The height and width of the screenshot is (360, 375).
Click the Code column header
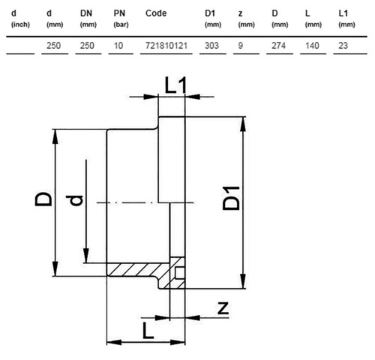click(156, 13)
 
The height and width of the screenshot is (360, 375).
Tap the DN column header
click(88, 18)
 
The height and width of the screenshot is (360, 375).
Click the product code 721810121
click(166, 46)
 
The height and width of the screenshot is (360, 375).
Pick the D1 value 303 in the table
click(211, 46)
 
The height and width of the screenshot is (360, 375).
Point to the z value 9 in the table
click(240, 46)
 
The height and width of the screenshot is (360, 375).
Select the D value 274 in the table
click(278, 46)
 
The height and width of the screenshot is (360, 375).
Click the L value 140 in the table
click(312, 46)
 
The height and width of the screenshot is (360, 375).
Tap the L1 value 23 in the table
click(343, 46)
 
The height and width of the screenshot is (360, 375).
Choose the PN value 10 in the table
click(118, 46)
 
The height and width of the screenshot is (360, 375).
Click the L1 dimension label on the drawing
click(175, 85)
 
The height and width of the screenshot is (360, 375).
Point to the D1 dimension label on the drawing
click(231, 198)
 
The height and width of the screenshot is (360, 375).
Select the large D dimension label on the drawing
click(43, 199)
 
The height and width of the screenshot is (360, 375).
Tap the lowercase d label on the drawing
click(74, 200)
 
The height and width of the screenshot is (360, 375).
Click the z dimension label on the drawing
click(223, 308)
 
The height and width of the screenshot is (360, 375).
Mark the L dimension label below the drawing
click(148, 330)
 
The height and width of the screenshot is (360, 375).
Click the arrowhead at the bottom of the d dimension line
click(86, 256)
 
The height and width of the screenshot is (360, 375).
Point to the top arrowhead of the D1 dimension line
click(242, 124)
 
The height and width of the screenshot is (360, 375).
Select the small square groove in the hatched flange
click(180, 273)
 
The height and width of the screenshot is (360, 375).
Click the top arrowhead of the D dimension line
click(55, 136)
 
